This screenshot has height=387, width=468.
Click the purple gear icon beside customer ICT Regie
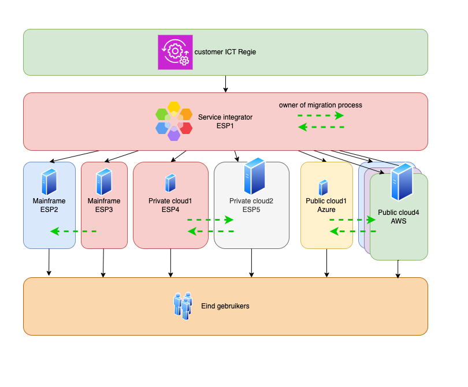[176, 52]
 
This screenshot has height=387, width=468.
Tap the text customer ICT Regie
[225, 52]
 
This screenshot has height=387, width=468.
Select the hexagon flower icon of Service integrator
[174, 121]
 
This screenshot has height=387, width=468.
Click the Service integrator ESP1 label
[225, 121]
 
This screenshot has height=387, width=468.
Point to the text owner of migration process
[321, 105]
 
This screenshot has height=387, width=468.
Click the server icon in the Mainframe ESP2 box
[49, 181]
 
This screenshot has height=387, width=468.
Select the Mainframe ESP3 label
[104, 206]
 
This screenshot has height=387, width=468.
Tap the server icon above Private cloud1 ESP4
[170, 183]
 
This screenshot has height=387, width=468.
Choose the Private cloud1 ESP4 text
[170, 206]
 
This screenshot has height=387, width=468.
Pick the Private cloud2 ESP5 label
[251, 206]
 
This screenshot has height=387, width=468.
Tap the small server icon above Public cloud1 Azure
[324, 187]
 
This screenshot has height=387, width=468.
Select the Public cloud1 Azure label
[326, 206]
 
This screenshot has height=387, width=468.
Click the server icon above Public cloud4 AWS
[402, 181]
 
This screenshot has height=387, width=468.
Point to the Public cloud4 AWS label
[399, 217]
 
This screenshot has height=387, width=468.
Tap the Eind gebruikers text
[225, 306]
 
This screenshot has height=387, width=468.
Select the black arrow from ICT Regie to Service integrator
[225, 84]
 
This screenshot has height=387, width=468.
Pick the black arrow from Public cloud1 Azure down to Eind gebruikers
[326, 263]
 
